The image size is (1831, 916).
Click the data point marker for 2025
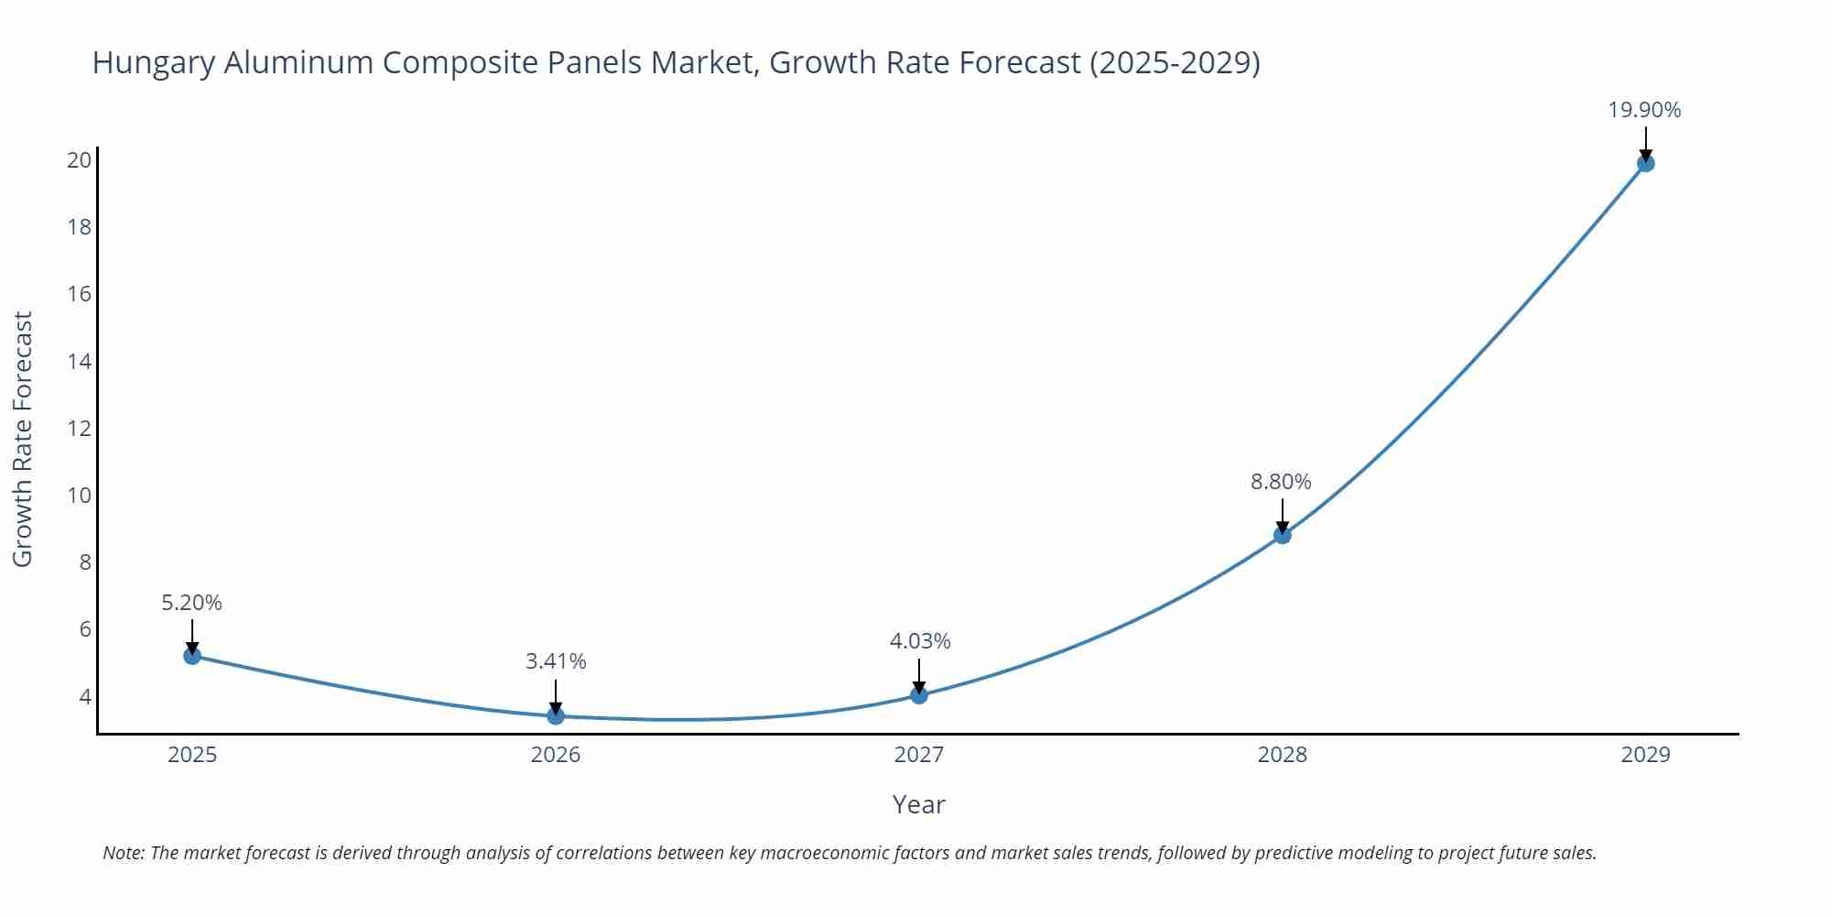pos(192,656)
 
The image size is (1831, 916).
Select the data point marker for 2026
pos(556,715)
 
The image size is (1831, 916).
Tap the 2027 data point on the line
pos(919,695)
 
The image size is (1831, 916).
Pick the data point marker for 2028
pos(1283,535)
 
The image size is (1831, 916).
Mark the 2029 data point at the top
pos(1645,163)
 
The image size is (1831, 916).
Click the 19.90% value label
pos(1644,110)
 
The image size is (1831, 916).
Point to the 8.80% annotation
pos(1281,482)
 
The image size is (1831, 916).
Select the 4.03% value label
pos(920,641)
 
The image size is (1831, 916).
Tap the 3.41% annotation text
pos(556,661)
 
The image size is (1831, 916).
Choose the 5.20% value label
pos(191,603)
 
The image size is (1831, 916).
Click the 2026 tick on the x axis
pos(556,755)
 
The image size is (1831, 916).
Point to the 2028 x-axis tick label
pos(1282,755)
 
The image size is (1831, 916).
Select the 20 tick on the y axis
pos(80,160)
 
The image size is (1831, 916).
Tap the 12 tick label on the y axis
pos(80,429)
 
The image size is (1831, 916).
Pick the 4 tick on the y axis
pos(85,697)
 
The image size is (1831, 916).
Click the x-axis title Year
pos(918,804)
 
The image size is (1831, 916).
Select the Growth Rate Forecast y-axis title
pos(23,439)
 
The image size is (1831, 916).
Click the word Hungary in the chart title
pos(154,63)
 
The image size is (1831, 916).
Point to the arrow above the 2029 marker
pos(1645,143)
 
